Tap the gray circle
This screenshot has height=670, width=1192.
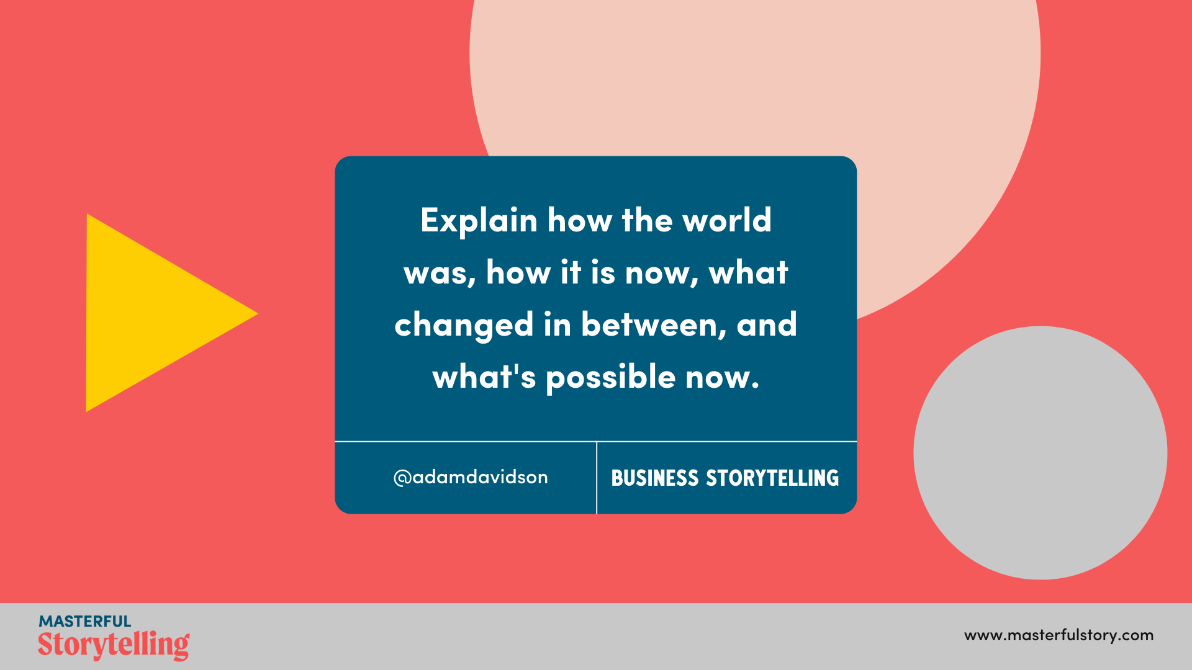tap(1040, 453)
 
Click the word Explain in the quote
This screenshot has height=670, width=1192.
tap(479, 221)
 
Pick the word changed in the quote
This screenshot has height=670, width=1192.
tap(464, 325)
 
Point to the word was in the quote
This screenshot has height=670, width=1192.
tap(439, 273)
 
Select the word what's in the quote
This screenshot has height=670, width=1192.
tap(484, 377)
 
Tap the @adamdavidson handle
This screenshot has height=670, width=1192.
tap(471, 477)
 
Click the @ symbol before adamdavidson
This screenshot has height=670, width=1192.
tap(402, 478)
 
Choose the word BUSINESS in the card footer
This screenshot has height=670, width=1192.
tap(655, 478)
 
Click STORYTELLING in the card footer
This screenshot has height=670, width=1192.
tap(772, 478)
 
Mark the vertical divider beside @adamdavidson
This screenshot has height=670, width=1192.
tap(597, 478)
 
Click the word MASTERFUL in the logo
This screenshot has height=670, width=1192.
tap(85, 621)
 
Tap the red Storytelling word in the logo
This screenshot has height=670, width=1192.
tap(114, 645)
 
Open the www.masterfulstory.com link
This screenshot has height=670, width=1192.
tap(1059, 635)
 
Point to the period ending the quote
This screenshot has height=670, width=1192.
tap(755, 386)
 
